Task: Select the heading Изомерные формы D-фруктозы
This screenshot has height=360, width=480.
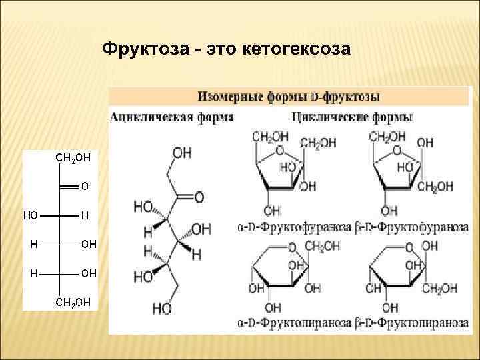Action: tap(289, 97)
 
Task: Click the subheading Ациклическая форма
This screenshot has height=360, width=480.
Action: tap(171, 117)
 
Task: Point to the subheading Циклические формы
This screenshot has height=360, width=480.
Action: tap(352, 117)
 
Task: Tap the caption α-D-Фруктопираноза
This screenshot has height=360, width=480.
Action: tap(294, 323)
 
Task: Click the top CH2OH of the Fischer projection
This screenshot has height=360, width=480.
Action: tap(72, 158)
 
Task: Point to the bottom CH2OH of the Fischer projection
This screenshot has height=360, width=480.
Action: tap(72, 303)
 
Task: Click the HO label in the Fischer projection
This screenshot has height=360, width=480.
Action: tap(31, 215)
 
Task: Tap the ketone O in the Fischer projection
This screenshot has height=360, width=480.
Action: tap(84, 187)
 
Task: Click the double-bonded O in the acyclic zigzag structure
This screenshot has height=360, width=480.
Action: tap(199, 197)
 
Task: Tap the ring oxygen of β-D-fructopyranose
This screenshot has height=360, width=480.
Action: tap(409, 248)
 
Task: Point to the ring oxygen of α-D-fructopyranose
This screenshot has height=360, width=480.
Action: tap(291, 248)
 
